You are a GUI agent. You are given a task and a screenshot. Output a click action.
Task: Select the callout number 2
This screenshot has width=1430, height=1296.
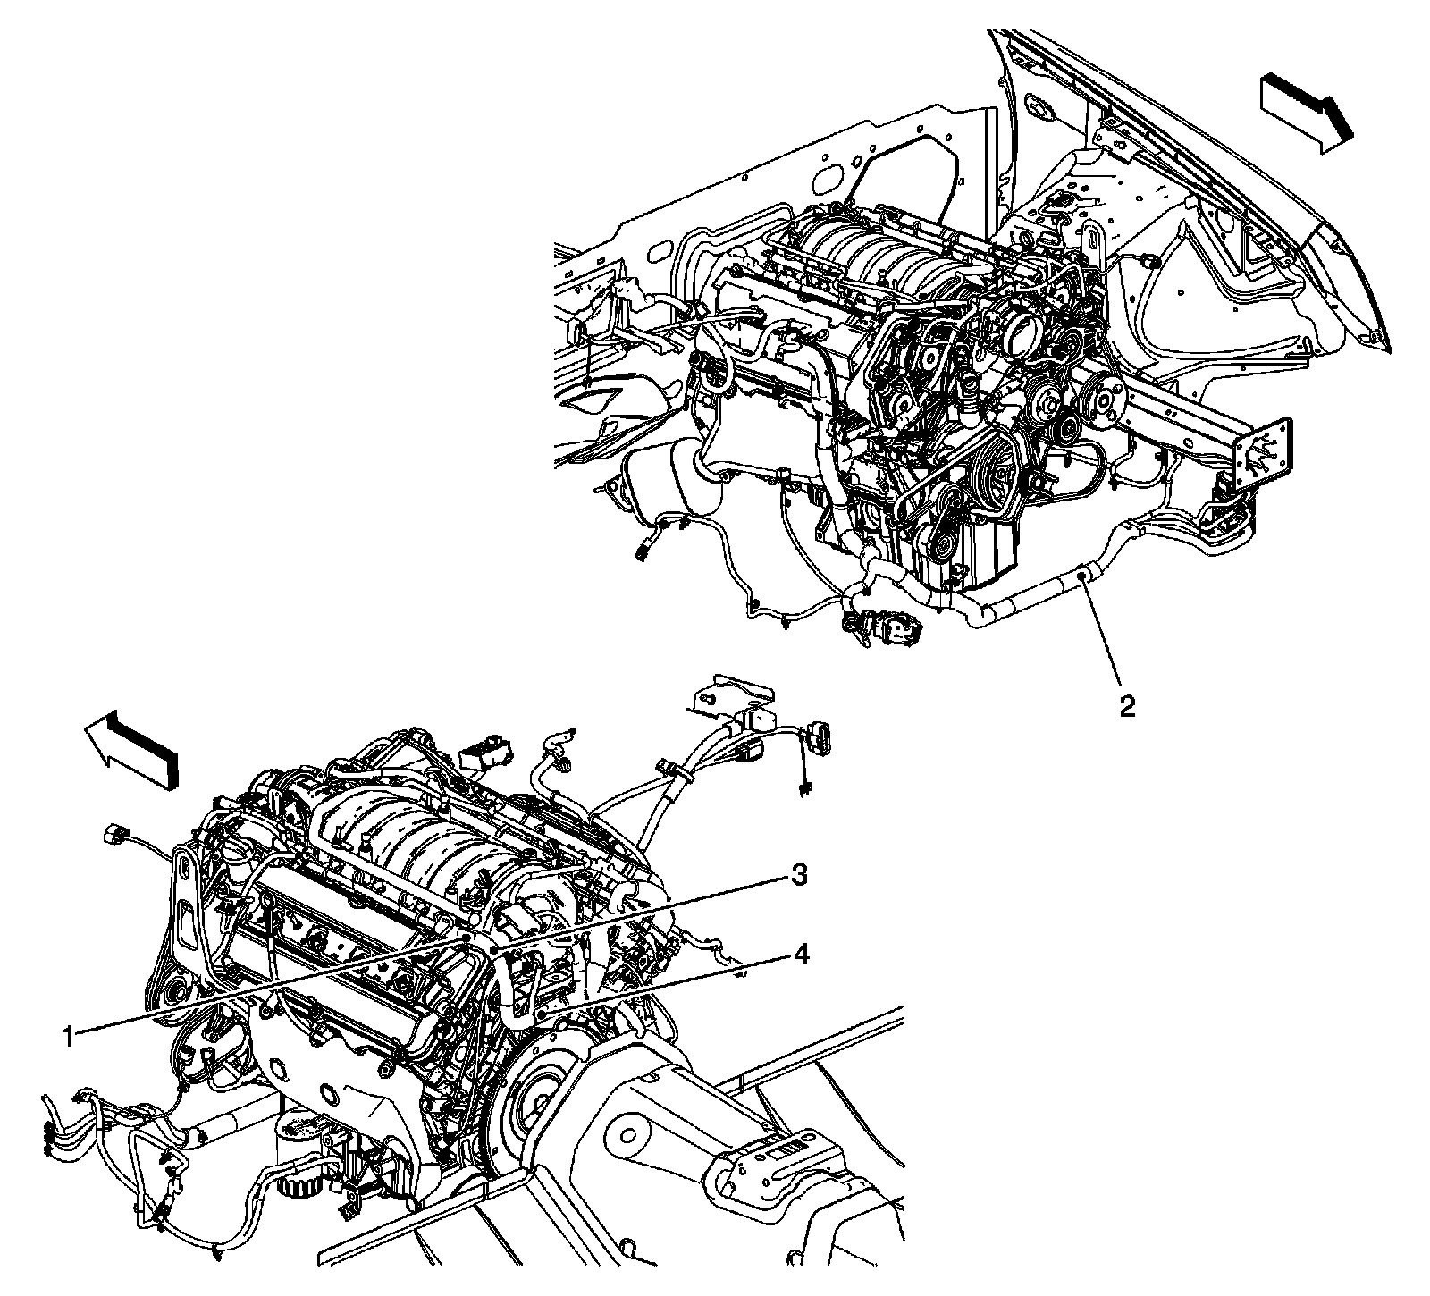[x=1127, y=707]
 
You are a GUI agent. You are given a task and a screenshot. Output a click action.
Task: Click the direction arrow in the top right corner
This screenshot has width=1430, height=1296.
[x=1307, y=111]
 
